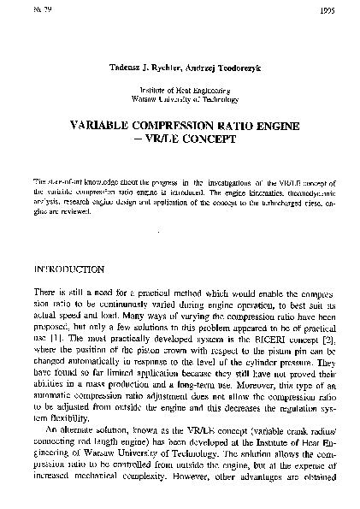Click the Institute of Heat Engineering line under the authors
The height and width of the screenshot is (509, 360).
[180, 89]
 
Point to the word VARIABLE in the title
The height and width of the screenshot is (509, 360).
[101, 124]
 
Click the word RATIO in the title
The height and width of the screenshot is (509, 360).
[233, 124]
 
